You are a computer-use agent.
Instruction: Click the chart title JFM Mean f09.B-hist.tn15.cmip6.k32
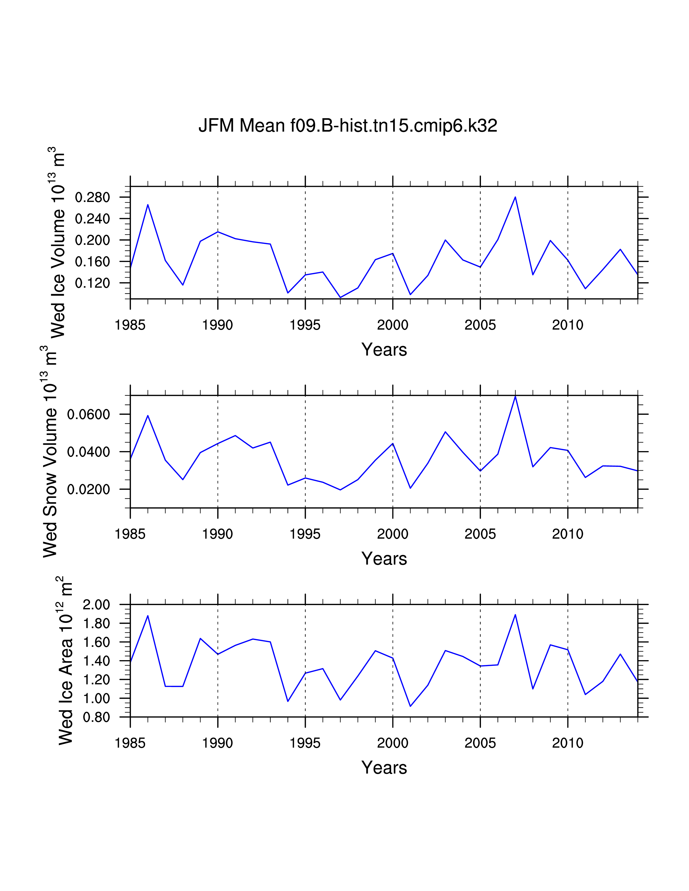coord(348,126)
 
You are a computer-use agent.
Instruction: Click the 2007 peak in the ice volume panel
coord(515,197)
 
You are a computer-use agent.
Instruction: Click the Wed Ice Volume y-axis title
coord(57,242)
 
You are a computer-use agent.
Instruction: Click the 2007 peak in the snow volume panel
coord(515,396)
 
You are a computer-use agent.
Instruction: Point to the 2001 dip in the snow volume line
coord(410,488)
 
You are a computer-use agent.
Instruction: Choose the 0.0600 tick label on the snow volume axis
coord(89,414)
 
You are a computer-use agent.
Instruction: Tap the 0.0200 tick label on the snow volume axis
coord(89,489)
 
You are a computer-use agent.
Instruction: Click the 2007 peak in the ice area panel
coord(515,615)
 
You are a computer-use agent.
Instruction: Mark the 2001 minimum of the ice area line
coord(410,706)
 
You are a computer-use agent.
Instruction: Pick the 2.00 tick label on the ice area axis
coord(96,605)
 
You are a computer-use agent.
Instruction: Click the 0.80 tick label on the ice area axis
coord(96,717)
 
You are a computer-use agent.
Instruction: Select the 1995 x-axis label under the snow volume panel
coord(305,534)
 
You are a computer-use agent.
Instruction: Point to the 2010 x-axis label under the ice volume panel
coord(567,325)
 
